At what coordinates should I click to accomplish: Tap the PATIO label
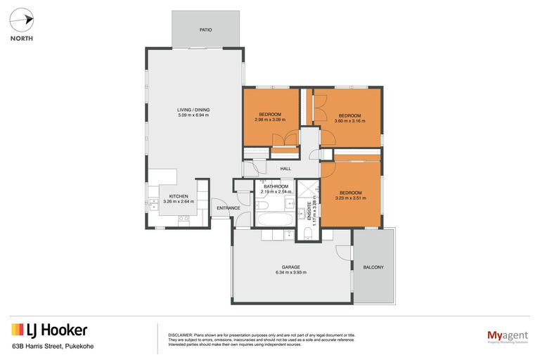click(205, 30)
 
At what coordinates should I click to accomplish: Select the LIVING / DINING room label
click(193, 110)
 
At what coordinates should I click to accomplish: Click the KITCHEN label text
click(178, 196)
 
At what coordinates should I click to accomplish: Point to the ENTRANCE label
click(229, 208)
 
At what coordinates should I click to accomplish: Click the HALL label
click(285, 169)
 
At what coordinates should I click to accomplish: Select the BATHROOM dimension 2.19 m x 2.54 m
click(276, 191)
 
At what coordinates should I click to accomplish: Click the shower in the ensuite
click(307, 191)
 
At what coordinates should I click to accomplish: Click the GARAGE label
click(291, 267)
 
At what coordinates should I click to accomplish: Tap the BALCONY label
click(373, 267)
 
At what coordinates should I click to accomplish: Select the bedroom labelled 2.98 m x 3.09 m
click(270, 117)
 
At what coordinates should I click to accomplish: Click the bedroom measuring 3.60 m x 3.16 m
click(349, 118)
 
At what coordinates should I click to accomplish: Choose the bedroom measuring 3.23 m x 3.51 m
click(350, 195)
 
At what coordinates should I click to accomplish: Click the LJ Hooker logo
click(49, 330)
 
